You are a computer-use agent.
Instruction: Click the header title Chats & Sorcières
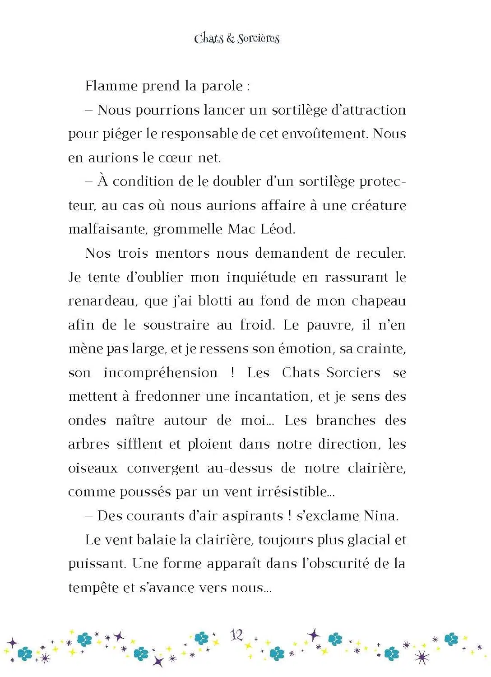click(x=236, y=38)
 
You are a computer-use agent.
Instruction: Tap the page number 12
click(x=237, y=635)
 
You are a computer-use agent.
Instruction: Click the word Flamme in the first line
click(x=111, y=85)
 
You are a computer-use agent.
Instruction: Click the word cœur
click(x=176, y=158)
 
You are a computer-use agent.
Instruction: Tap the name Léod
click(x=278, y=229)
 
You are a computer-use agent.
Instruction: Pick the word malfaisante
click(x=107, y=229)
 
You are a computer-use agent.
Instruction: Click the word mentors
click(x=182, y=253)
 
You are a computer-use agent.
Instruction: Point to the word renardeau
click(x=103, y=301)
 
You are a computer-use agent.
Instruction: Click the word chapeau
click(x=379, y=301)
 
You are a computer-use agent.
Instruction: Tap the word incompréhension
click(x=161, y=372)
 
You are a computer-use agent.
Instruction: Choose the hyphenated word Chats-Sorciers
click(x=331, y=372)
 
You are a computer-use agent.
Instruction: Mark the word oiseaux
click(x=93, y=468)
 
